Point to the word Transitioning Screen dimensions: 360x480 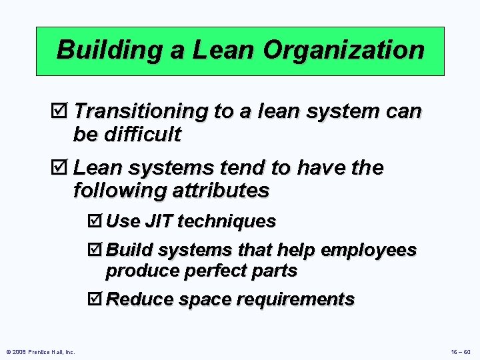point(143,111)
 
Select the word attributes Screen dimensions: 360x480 point(220,191)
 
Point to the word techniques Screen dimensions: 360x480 point(227,221)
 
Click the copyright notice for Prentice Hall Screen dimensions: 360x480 point(40,351)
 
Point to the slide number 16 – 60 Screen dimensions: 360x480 point(460,351)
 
